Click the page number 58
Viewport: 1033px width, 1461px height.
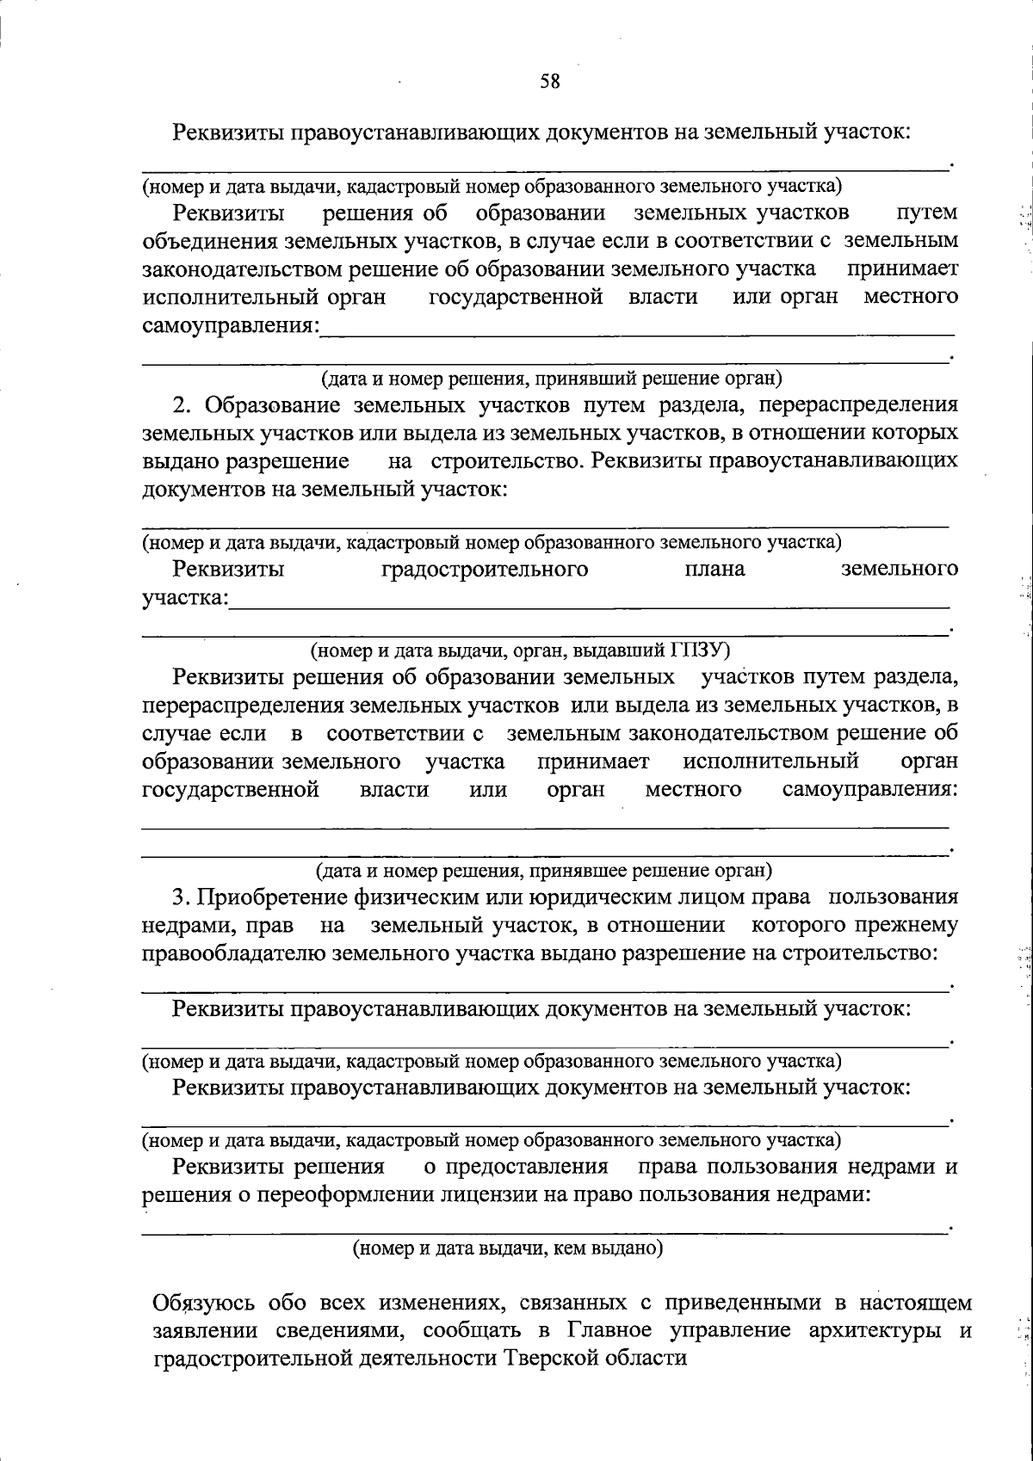pos(549,82)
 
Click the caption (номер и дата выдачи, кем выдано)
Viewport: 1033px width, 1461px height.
pos(507,1248)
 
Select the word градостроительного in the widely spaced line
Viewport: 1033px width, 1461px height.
pos(485,569)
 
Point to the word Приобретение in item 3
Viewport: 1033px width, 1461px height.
pos(271,897)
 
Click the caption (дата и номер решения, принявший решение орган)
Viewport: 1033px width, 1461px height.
pos(551,377)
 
